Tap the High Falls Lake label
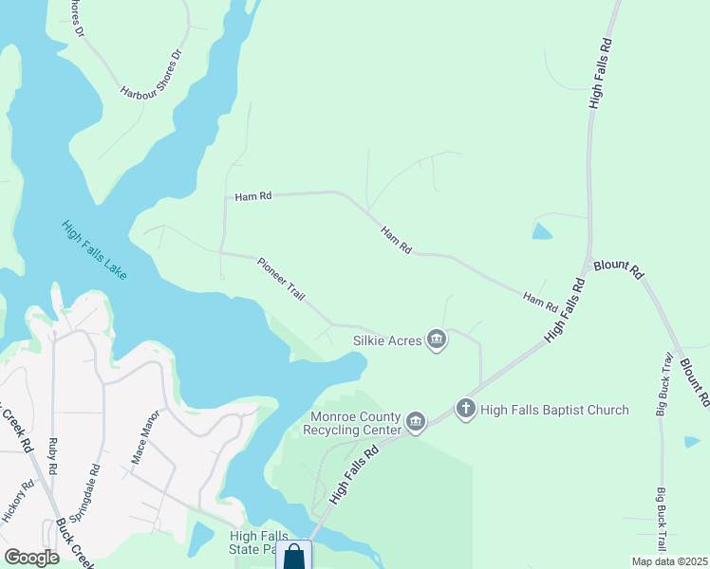tap(95, 249)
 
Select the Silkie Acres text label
tap(386, 340)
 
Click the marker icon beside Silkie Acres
tap(437, 340)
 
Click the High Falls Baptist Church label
tap(554, 410)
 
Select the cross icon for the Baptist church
tap(465, 409)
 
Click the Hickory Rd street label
tap(19, 501)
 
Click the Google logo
tap(32, 558)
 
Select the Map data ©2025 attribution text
tap(669, 561)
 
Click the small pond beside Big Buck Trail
tap(693, 442)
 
